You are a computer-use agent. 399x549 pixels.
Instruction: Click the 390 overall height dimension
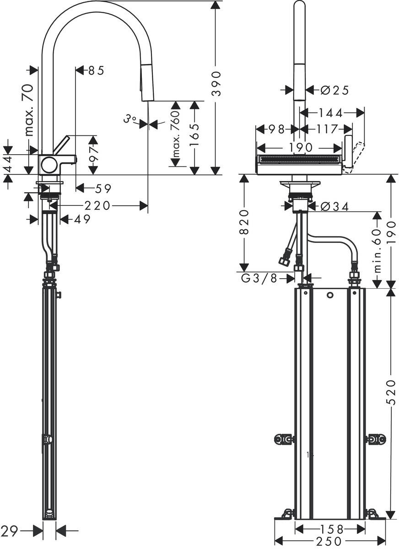[x=216, y=84]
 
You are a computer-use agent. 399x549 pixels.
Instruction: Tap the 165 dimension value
[x=194, y=135]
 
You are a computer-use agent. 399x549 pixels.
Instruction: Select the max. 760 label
[x=176, y=135]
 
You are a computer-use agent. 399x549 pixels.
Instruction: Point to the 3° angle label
[x=130, y=119]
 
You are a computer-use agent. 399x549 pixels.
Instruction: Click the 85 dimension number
[x=97, y=70]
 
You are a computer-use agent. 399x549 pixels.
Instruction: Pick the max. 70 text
[x=29, y=110]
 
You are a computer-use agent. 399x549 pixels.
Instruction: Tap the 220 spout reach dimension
[x=97, y=205]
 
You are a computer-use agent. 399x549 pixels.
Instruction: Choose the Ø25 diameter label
[x=334, y=91]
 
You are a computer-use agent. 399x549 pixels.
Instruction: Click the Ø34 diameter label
[x=334, y=207]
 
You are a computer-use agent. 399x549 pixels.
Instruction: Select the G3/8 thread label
[x=259, y=278]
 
